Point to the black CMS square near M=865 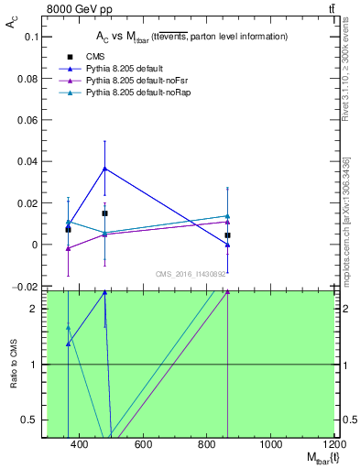(227, 235)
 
